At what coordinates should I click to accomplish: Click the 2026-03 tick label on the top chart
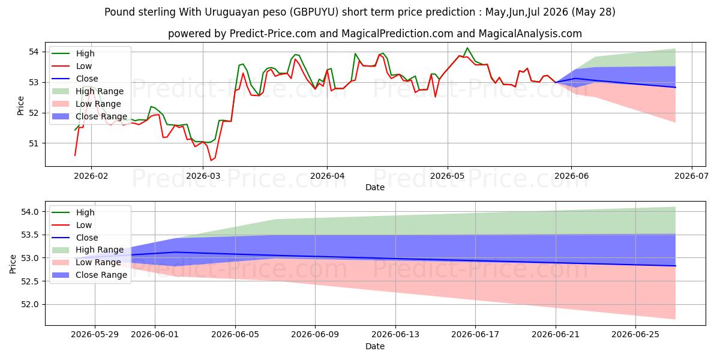tap(203, 176)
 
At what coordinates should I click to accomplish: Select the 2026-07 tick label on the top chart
tap(691, 176)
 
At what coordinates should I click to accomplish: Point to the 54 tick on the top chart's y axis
tap(34, 52)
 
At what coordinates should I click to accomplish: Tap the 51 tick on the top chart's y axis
tap(34, 143)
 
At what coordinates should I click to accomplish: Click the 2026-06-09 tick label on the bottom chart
tap(315, 335)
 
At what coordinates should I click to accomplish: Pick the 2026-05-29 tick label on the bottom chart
tap(95, 335)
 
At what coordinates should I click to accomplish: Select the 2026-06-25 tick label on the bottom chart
tap(635, 335)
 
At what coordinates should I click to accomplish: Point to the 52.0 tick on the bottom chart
tap(29, 304)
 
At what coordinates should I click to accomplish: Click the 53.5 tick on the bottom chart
tap(29, 235)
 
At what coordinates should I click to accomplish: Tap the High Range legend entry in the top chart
tap(88, 91)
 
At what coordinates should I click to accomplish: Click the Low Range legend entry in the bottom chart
tap(86, 263)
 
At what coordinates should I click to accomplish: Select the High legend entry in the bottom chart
tap(73, 212)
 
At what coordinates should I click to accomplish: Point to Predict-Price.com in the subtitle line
tap(273, 34)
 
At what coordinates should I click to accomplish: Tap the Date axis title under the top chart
tap(375, 187)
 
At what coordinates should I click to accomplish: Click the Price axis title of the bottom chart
tap(13, 264)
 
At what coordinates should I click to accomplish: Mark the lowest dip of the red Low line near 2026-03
tap(211, 160)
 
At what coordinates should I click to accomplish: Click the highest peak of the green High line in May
tap(467, 48)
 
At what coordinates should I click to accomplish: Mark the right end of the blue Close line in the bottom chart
tap(676, 266)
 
